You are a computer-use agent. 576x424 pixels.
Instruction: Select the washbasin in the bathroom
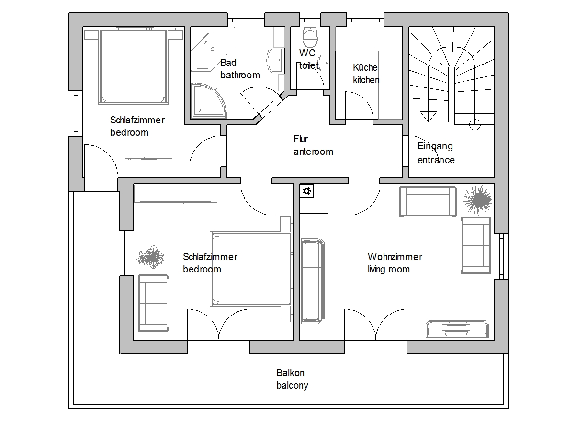pos(275,60)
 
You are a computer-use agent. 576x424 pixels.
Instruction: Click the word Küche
pos(365,67)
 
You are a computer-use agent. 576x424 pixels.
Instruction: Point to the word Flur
pos(301,139)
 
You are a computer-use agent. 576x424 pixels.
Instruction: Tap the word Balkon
pos(290,373)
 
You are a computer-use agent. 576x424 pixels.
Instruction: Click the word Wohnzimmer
pos(395,257)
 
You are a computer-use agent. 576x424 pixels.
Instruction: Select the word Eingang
pos(435,147)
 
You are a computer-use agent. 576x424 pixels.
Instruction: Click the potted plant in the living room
pos(477,200)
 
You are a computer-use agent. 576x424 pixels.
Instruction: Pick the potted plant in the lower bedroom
pos(151,257)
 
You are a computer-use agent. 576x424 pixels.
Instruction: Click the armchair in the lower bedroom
pos(153,303)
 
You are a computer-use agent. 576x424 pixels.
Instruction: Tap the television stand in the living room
pos(457,329)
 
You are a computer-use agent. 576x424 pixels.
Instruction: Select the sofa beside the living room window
pos(476,246)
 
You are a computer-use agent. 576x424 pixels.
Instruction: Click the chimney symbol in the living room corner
pos(306,191)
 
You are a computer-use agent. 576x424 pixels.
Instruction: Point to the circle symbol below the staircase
pos(474,125)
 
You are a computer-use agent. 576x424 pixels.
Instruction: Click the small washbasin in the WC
pos(325,63)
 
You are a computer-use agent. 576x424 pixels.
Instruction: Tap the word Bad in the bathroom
pos(228,63)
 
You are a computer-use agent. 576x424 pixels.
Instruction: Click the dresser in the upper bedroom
pos(148,167)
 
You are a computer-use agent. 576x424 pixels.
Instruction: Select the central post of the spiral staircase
pos(452,95)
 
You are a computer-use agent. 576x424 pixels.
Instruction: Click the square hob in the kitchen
pos(366,39)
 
